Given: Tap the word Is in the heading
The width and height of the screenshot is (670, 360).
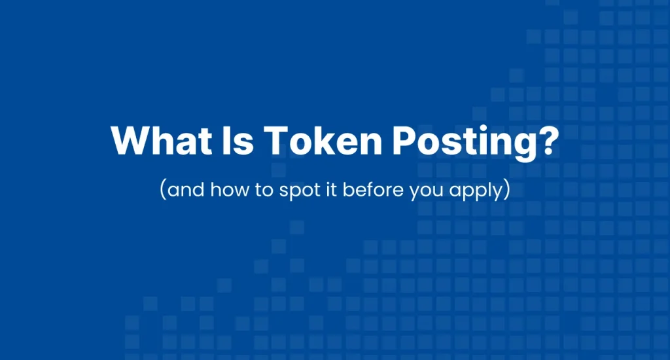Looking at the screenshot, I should pyautogui.click(x=226, y=140).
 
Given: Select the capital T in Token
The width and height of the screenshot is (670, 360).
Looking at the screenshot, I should pyautogui.click(x=267, y=140).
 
